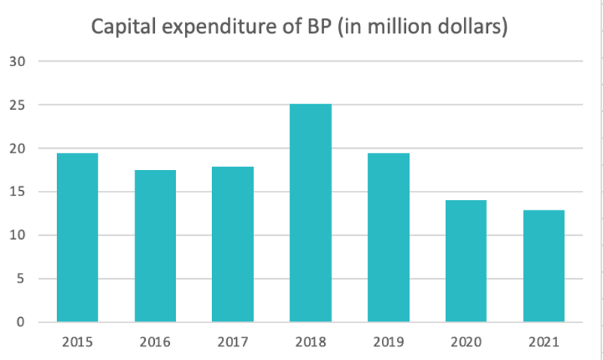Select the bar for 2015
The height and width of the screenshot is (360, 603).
point(77,237)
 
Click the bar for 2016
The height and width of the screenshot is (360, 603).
point(155,246)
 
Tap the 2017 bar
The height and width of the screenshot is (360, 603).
point(232,244)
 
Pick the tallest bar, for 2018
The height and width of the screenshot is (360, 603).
point(311,213)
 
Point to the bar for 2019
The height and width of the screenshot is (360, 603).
point(388,237)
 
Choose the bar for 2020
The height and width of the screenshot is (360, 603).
point(465,261)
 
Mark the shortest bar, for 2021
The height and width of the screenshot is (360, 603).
point(544,266)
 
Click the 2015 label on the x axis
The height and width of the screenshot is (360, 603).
point(77,343)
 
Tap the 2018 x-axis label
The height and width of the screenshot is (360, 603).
point(311,343)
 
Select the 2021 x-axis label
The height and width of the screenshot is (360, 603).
point(544,343)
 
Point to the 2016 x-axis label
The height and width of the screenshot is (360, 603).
point(155,343)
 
